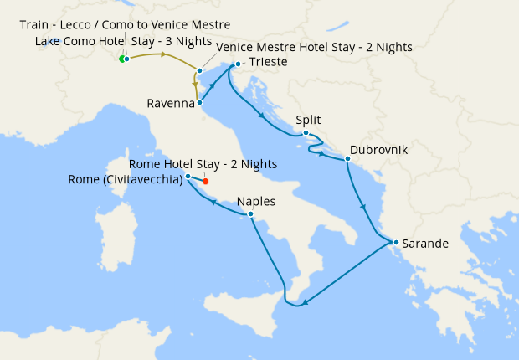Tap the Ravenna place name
coord(170,104)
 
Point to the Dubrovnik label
coord(379,150)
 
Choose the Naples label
coord(255,202)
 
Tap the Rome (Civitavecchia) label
coord(126,179)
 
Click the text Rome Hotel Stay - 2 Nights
coord(203,164)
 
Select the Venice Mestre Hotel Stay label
coord(314,47)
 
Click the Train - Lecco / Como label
coord(125,24)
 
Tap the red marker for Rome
coord(205,181)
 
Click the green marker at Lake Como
coord(122,59)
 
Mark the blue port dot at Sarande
coord(395,244)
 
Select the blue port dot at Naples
coord(250,214)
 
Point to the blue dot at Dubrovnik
coord(347,158)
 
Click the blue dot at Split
coord(306,133)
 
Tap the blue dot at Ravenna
coord(199,103)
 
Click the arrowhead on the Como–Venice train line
coord(164,56)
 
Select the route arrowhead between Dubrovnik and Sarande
coord(362,205)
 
